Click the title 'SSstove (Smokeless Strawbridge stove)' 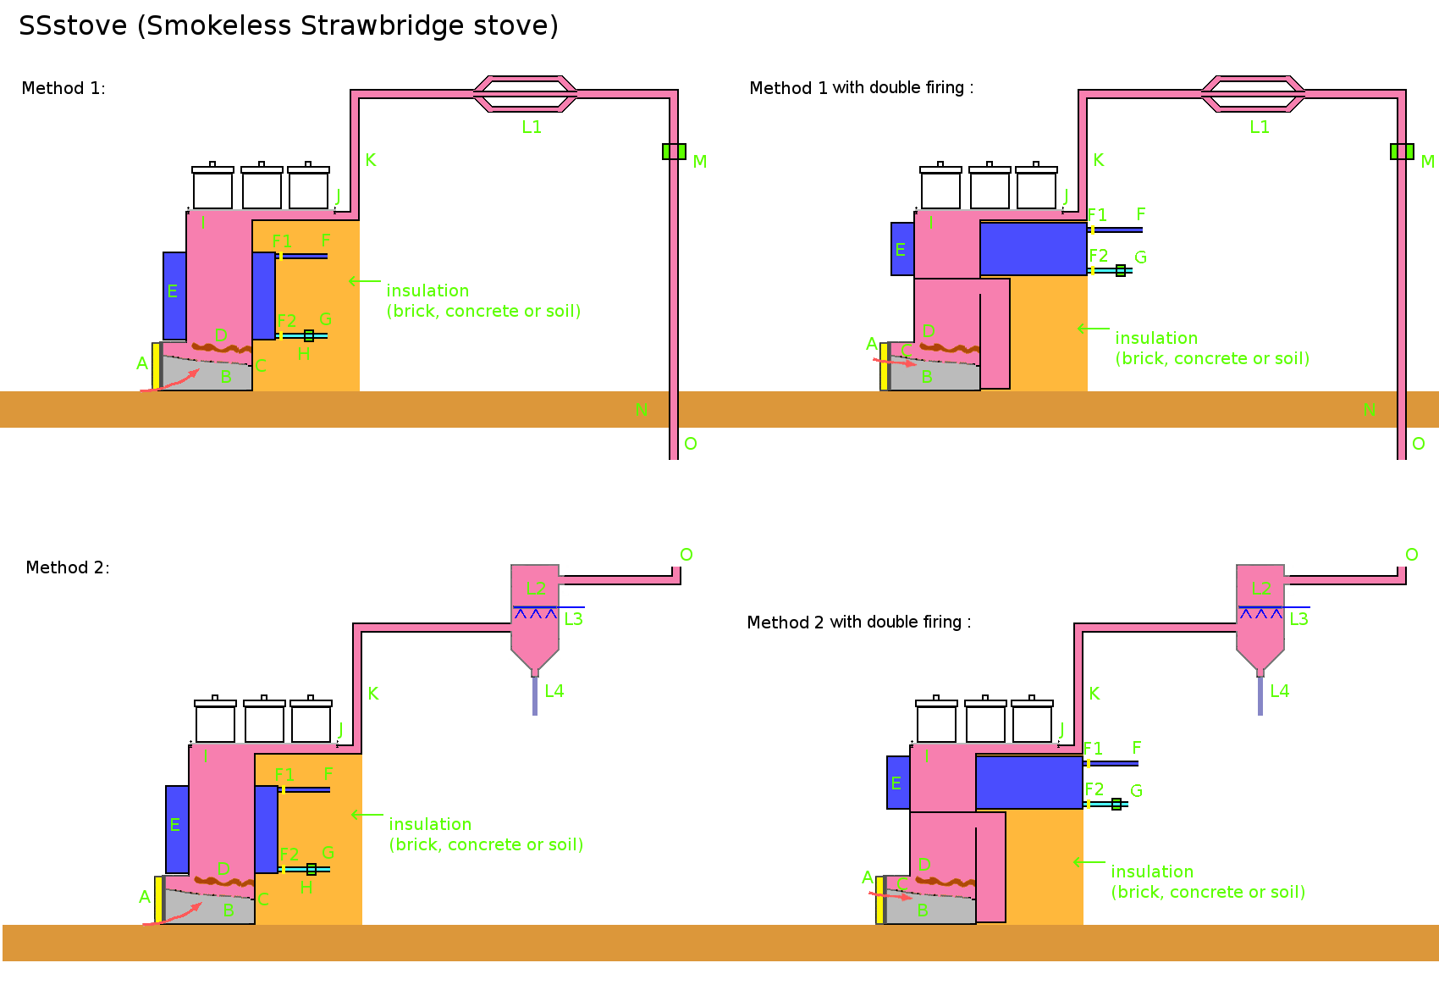click(288, 25)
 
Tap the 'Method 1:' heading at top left click(63, 88)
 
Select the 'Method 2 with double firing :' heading click(858, 622)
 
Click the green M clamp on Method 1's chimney click(674, 152)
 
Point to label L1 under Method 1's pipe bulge click(532, 127)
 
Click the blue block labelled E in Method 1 click(174, 295)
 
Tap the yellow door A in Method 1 click(157, 366)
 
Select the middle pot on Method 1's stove click(262, 188)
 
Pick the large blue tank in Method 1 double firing click(1033, 248)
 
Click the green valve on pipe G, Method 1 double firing click(1121, 271)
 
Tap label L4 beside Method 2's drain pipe click(554, 691)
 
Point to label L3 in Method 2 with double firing click(1299, 619)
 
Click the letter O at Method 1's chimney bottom click(691, 444)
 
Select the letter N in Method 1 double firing click(1369, 410)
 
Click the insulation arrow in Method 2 click(367, 815)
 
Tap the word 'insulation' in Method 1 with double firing click(1156, 338)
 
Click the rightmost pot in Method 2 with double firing click(1032, 722)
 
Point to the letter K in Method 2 click(373, 694)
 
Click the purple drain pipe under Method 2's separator click(535, 696)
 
